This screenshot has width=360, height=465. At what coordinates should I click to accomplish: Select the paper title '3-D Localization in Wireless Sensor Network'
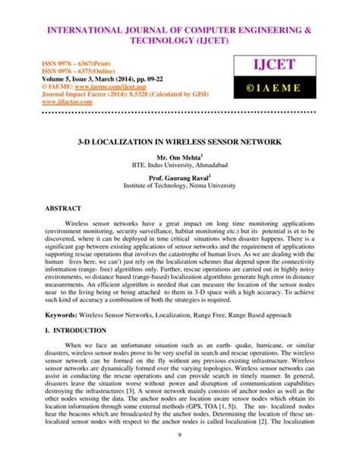point(180,142)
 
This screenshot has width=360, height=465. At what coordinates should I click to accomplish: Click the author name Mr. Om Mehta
point(179,156)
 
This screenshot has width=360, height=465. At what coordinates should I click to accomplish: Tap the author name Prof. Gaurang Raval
point(179,177)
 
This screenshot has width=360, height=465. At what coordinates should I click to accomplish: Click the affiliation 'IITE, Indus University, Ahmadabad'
point(179,164)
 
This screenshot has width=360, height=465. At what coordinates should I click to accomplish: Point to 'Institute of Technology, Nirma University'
point(179,185)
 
